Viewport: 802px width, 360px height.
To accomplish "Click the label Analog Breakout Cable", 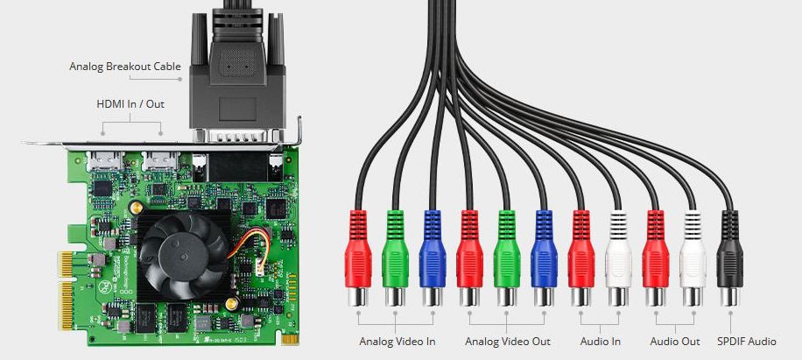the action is [125, 67].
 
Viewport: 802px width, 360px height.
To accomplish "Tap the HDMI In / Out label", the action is [130, 104].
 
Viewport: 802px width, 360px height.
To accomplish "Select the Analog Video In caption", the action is [397, 341].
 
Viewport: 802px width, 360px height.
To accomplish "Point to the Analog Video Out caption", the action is [508, 341].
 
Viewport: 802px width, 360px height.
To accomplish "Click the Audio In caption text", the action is [601, 341].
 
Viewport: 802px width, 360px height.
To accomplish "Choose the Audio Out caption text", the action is [675, 341].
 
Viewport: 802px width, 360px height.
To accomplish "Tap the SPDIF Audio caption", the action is [747, 341].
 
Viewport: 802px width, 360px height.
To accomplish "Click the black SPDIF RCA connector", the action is [730, 258].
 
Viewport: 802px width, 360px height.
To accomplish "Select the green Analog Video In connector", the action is [396, 258].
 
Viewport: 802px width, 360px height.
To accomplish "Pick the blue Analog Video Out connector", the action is [545, 258].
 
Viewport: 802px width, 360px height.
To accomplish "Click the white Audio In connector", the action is [618, 258].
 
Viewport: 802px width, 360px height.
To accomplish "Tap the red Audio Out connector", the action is [656, 258].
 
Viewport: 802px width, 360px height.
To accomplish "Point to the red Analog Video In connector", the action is [358, 258].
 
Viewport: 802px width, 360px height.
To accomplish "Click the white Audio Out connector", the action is [693, 258].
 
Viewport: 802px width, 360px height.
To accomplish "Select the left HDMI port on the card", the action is [105, 160].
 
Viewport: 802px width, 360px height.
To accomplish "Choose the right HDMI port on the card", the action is [160, 160].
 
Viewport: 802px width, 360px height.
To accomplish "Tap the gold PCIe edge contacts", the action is [66, 290].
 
